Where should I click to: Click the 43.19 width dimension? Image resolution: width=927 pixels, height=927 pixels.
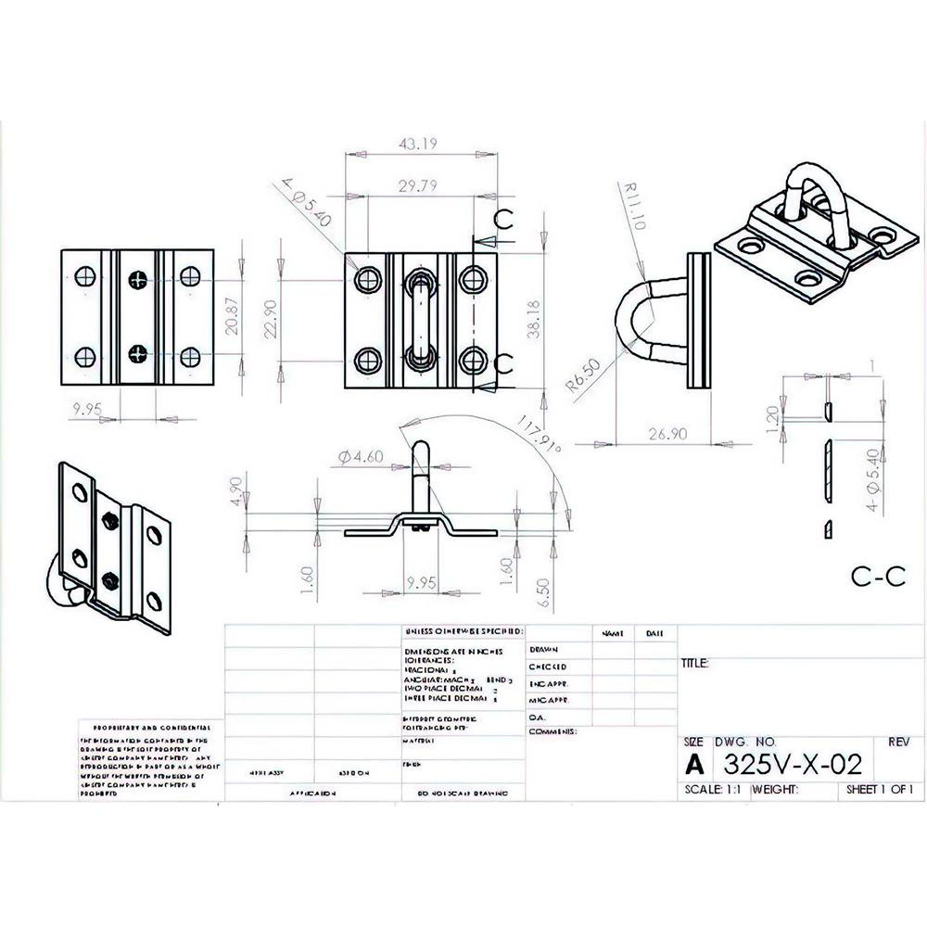click(419, 144)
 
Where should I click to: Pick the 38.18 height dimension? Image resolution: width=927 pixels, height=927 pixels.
click(534, 318)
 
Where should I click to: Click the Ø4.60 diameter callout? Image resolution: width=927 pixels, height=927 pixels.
click(362, 456)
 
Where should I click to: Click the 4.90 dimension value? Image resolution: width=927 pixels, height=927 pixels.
click(236, 490)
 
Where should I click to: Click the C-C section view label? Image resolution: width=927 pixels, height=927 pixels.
click(877, 576)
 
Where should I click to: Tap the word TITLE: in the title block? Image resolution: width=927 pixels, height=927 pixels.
click(695, 664)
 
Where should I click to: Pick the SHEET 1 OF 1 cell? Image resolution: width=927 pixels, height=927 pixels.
click(880, 791)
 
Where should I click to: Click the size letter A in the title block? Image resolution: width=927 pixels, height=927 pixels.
click(694, 766)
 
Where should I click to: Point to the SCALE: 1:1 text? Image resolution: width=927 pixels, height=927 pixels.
click(711, 791)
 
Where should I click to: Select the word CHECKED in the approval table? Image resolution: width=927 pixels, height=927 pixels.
click(548, 667)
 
